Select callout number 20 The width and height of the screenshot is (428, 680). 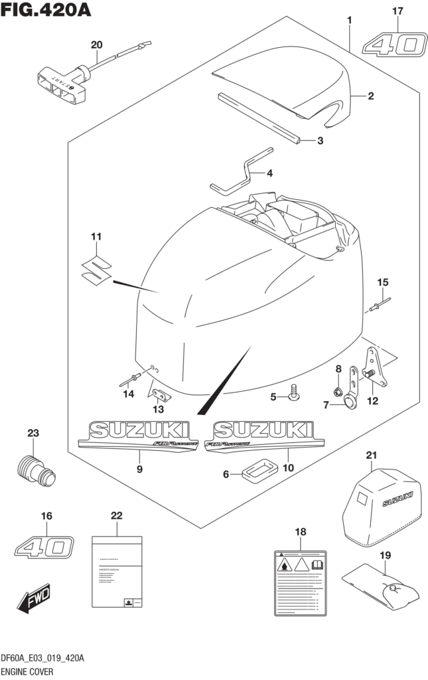[97, 45]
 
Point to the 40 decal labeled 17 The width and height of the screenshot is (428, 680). [393, 45]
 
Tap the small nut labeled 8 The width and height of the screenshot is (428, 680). [338, 389]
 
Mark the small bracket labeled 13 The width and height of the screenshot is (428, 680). [160, 396]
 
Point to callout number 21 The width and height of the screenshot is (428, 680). [371, 455]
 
